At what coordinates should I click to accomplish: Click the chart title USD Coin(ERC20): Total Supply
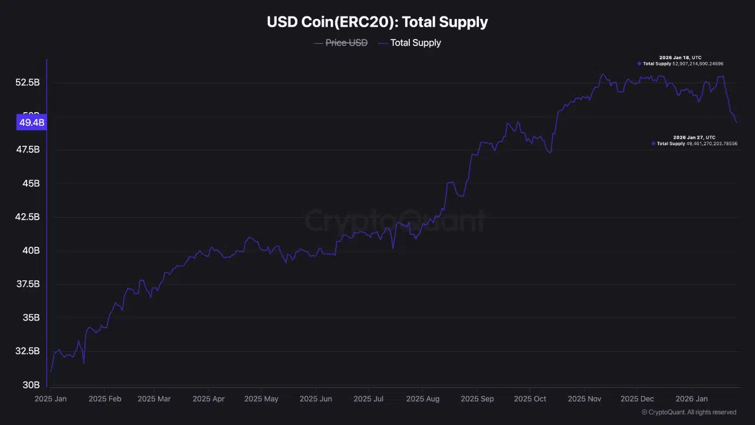click(377, 22)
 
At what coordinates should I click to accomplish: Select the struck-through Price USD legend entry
click(346, 42)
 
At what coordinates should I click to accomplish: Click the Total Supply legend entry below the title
click(415, 42)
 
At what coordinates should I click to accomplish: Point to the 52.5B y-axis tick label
click(28, 83)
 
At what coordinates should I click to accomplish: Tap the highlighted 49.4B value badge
click(32, 123)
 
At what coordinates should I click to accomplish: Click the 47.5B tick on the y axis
click(28, 150)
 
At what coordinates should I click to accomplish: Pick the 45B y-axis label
click(31, 184)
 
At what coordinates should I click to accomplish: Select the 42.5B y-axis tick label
click(28, 217)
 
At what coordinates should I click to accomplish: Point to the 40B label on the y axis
click(31, 251)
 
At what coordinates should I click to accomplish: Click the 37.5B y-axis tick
click(28, 284)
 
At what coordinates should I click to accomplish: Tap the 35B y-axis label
click(31, 318)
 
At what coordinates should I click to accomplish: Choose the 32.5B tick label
click(28, 351)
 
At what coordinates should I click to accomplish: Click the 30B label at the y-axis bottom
click(31, 385)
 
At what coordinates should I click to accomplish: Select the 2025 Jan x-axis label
click(50, 399)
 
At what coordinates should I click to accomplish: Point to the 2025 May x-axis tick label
click(261, 399)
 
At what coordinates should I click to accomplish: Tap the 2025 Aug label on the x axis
click(423, 399)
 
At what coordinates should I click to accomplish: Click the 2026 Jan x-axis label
click(692, 399)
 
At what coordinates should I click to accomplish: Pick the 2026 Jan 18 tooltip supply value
click(698, 63)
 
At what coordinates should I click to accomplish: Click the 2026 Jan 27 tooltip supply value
click(711, 143)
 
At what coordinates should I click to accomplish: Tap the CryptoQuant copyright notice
click(689, 412)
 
